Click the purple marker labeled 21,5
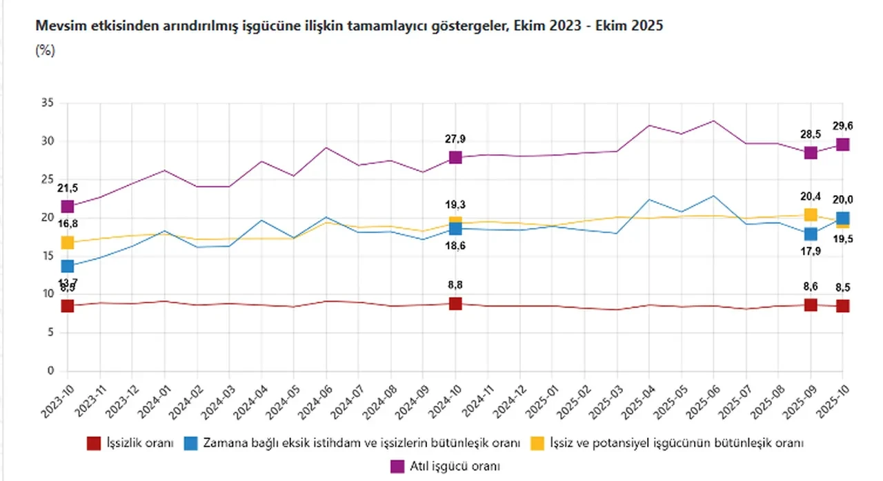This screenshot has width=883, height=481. point(67,207)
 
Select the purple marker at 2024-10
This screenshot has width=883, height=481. point(455,157)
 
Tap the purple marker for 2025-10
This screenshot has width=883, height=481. point(843,144)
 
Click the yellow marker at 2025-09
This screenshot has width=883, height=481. point(811,215)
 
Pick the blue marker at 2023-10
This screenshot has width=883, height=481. point(67,266)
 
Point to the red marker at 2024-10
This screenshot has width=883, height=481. point(455,303)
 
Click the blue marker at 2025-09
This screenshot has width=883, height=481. point(811,234)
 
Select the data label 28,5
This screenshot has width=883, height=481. point(811,132)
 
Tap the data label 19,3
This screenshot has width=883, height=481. point(455,205)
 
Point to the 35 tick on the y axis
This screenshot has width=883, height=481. point(47,103)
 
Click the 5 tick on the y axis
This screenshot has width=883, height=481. point(50,333)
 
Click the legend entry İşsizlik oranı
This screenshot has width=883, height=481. point(139,442)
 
